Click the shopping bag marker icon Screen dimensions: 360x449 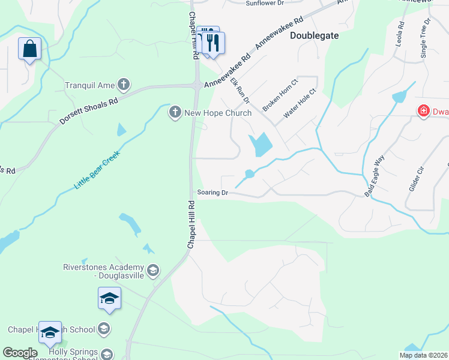(29, 48)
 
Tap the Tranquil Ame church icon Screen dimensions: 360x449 (124, 85)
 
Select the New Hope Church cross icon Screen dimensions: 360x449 (175, 112)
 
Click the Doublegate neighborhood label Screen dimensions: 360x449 (314, 35)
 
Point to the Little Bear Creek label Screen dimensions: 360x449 (97, 170)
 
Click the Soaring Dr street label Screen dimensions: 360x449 (213, 193)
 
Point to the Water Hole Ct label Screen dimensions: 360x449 (299, 105)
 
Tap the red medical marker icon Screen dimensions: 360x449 (423, 110)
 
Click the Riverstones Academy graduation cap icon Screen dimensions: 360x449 (152, 271)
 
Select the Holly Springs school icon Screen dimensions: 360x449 (107, 354)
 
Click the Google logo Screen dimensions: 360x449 (20, 353)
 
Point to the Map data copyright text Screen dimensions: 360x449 (423, 355)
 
